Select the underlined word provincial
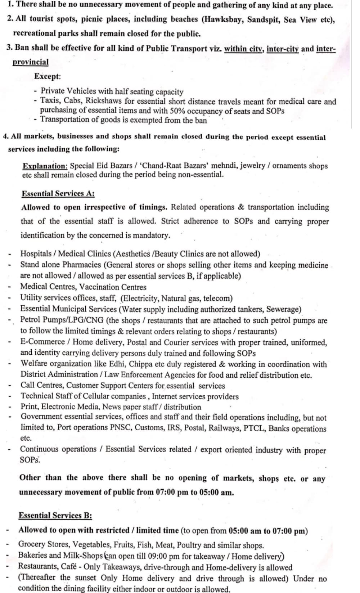pos(31,62)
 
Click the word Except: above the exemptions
pos(48,76)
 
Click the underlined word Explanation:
pos(45,166)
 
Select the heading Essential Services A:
pos(58,194)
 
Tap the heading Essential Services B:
pos(55,515)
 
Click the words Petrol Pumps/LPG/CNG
pos(62,320)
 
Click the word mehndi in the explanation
pos(224,166)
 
